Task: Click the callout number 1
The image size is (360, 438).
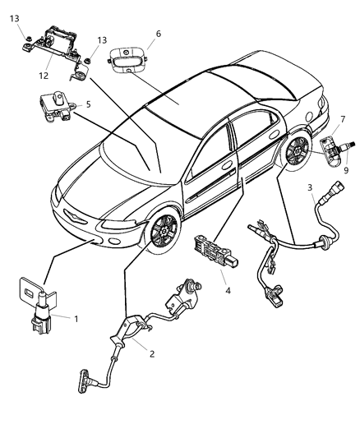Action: (x=76, y=318)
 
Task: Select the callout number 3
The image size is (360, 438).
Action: (x=309, y=188)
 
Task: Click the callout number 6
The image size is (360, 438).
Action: (x=159, y=35)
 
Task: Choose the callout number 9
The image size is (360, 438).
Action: (x=346, y=170)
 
